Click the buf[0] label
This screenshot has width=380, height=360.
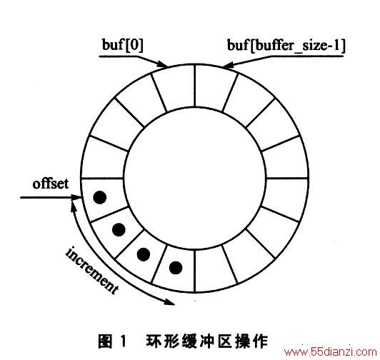click(x=123, y=45)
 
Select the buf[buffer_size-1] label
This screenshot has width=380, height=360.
click(x=286, y=46)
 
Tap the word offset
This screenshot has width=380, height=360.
click(x=51, y=184)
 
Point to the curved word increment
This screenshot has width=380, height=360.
click(x=92, y=270)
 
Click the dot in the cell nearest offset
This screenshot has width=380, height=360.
click(x=99, y=197)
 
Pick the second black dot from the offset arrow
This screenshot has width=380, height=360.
click(x=119, y=229)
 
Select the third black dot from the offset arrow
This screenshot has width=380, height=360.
click(x=144, y=254)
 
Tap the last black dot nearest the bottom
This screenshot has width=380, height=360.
click(x=176, y=268)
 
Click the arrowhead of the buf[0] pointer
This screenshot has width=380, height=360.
click(x=163, y=64)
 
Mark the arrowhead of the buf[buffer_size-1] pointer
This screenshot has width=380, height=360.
click(x=227, y=64)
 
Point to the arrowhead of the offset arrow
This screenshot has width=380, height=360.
click(x=76, y=197)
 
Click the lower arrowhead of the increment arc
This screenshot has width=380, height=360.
click(x=170, y=302)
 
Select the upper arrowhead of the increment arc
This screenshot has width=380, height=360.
click(x=73, y=206)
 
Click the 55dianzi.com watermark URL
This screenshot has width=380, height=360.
click(x=331, y=351)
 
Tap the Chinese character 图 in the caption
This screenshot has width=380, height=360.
click(x=106, y=341)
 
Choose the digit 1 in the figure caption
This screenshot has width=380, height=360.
click(x=124, y=341)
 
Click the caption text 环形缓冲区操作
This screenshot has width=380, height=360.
click(x=206, y=341)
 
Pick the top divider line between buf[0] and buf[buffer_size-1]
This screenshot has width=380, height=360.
click(x=194, y=86)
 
